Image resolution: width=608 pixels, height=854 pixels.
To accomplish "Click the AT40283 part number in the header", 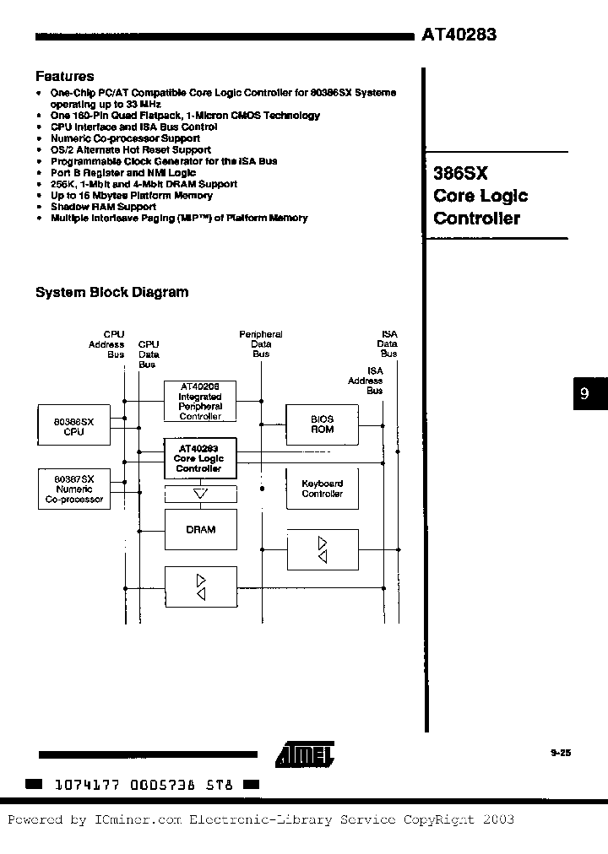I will (x=459, y=35).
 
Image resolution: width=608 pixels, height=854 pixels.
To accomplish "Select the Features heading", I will (x=65, y=76).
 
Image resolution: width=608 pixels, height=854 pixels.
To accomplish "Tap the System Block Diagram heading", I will (x=111, y=293).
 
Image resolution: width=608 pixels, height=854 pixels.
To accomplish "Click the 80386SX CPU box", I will (x=73, y=425).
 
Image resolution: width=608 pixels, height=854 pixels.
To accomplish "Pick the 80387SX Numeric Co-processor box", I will (x=73, y=489).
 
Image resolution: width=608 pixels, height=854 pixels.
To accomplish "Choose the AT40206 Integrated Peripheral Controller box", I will (x=200, y=401).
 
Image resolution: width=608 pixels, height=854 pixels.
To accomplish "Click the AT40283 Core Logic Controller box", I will (x=199, y=458).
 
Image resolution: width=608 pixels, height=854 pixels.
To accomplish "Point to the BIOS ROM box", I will (x=323, y=424).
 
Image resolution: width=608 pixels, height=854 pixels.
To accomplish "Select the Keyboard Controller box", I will (x=323, y=489).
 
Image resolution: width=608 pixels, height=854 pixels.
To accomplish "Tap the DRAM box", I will (x=200, y=529).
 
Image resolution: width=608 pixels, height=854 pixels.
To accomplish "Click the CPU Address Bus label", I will (x=106, y=344).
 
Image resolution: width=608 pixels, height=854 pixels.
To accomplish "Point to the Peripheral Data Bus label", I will (x=261, y=344).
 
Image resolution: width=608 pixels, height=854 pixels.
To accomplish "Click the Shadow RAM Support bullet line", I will (x=103, y=207).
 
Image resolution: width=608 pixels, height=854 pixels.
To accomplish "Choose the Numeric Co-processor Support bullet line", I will (x=125, y=138).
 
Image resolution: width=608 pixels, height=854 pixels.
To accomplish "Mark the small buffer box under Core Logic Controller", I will (x=200, y=495).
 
